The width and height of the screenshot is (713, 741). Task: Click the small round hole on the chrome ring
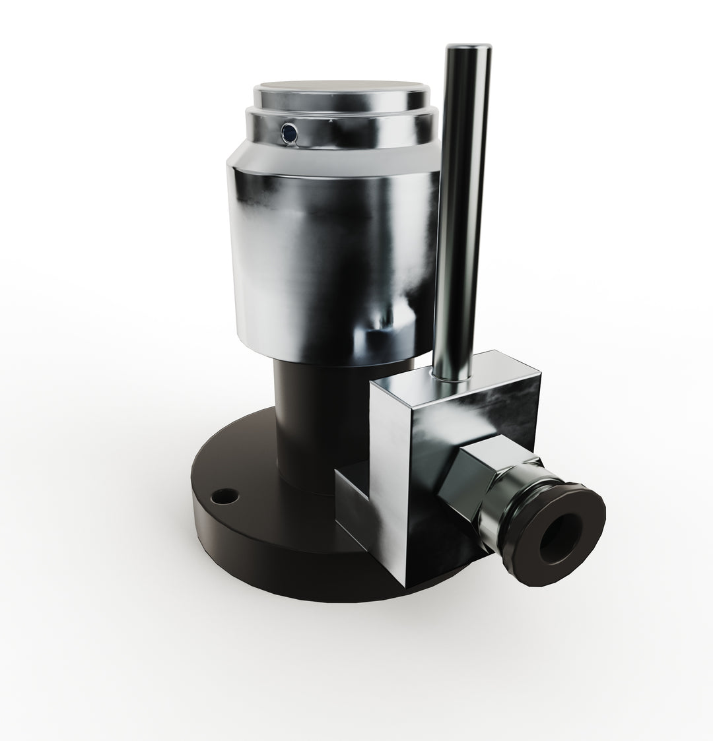[x=289, y=133]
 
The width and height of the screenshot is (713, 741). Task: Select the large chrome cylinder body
[x=330, y=257]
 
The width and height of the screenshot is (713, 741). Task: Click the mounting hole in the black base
[x=226, y=494]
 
